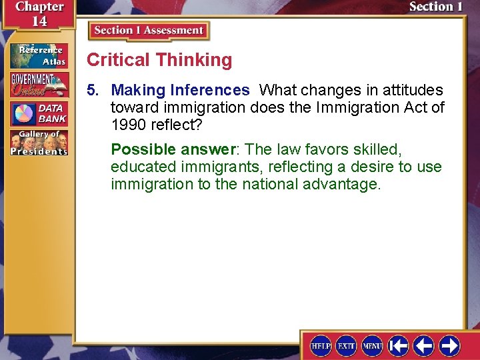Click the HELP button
321,345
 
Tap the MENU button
371,345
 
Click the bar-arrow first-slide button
399,345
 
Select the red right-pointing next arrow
449,345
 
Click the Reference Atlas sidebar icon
39,56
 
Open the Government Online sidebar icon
39,85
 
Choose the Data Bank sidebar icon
39,113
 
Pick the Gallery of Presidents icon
39,143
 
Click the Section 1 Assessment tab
149,31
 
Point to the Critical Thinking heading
159,60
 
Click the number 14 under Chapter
39,21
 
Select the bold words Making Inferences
180,90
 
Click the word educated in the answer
142,167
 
